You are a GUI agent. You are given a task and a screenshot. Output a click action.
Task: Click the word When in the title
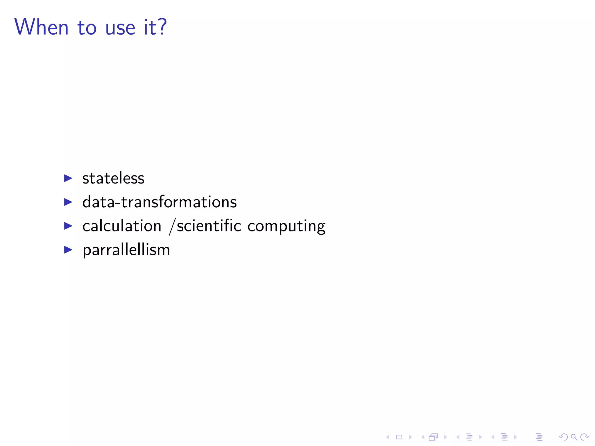pyautogui.click(x=41, y=27)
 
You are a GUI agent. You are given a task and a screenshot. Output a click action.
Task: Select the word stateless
pyautogui.click(x=113, y=178)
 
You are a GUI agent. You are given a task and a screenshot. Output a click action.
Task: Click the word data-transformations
pyautogui.click(x=159, y=202)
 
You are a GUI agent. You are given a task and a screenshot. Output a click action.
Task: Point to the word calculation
pyautogui.click(x=122, y=226)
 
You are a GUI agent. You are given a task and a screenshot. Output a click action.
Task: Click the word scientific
pyautogui.click(x=209, y=226)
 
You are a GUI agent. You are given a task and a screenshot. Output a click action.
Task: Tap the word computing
pyautogui.click(x=286, y=227)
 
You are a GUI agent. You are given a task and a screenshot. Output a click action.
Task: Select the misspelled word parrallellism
pyautogui.click(x=126, y=250)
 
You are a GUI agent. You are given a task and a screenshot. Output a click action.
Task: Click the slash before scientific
pyautogui.click(x=172, y=226)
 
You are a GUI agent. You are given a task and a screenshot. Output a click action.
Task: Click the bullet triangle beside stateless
pyautogui.click(x=68, y=178)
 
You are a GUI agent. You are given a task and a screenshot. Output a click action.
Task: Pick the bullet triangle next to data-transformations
pyautogui.click(x=68, y=202)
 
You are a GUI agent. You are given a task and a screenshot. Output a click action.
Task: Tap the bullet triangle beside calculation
pyautogui.click(x=68, y=226)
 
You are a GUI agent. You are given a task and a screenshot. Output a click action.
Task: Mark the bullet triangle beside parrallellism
pyautogui.click(x=68, y=249)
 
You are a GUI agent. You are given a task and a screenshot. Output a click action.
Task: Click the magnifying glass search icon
pyautogui.click(x=574, y=437)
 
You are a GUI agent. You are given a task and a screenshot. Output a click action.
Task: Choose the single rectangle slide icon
pyautogui.click(x=399, y=437)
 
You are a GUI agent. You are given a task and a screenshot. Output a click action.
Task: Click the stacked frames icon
pyautogui.click(x=433, y=437)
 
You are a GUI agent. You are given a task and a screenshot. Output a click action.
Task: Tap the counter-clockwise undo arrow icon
pyautogui.click(x=563, y=437)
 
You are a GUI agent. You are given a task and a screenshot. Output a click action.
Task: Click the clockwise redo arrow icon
pyautogui.click(x=585, y=437)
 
